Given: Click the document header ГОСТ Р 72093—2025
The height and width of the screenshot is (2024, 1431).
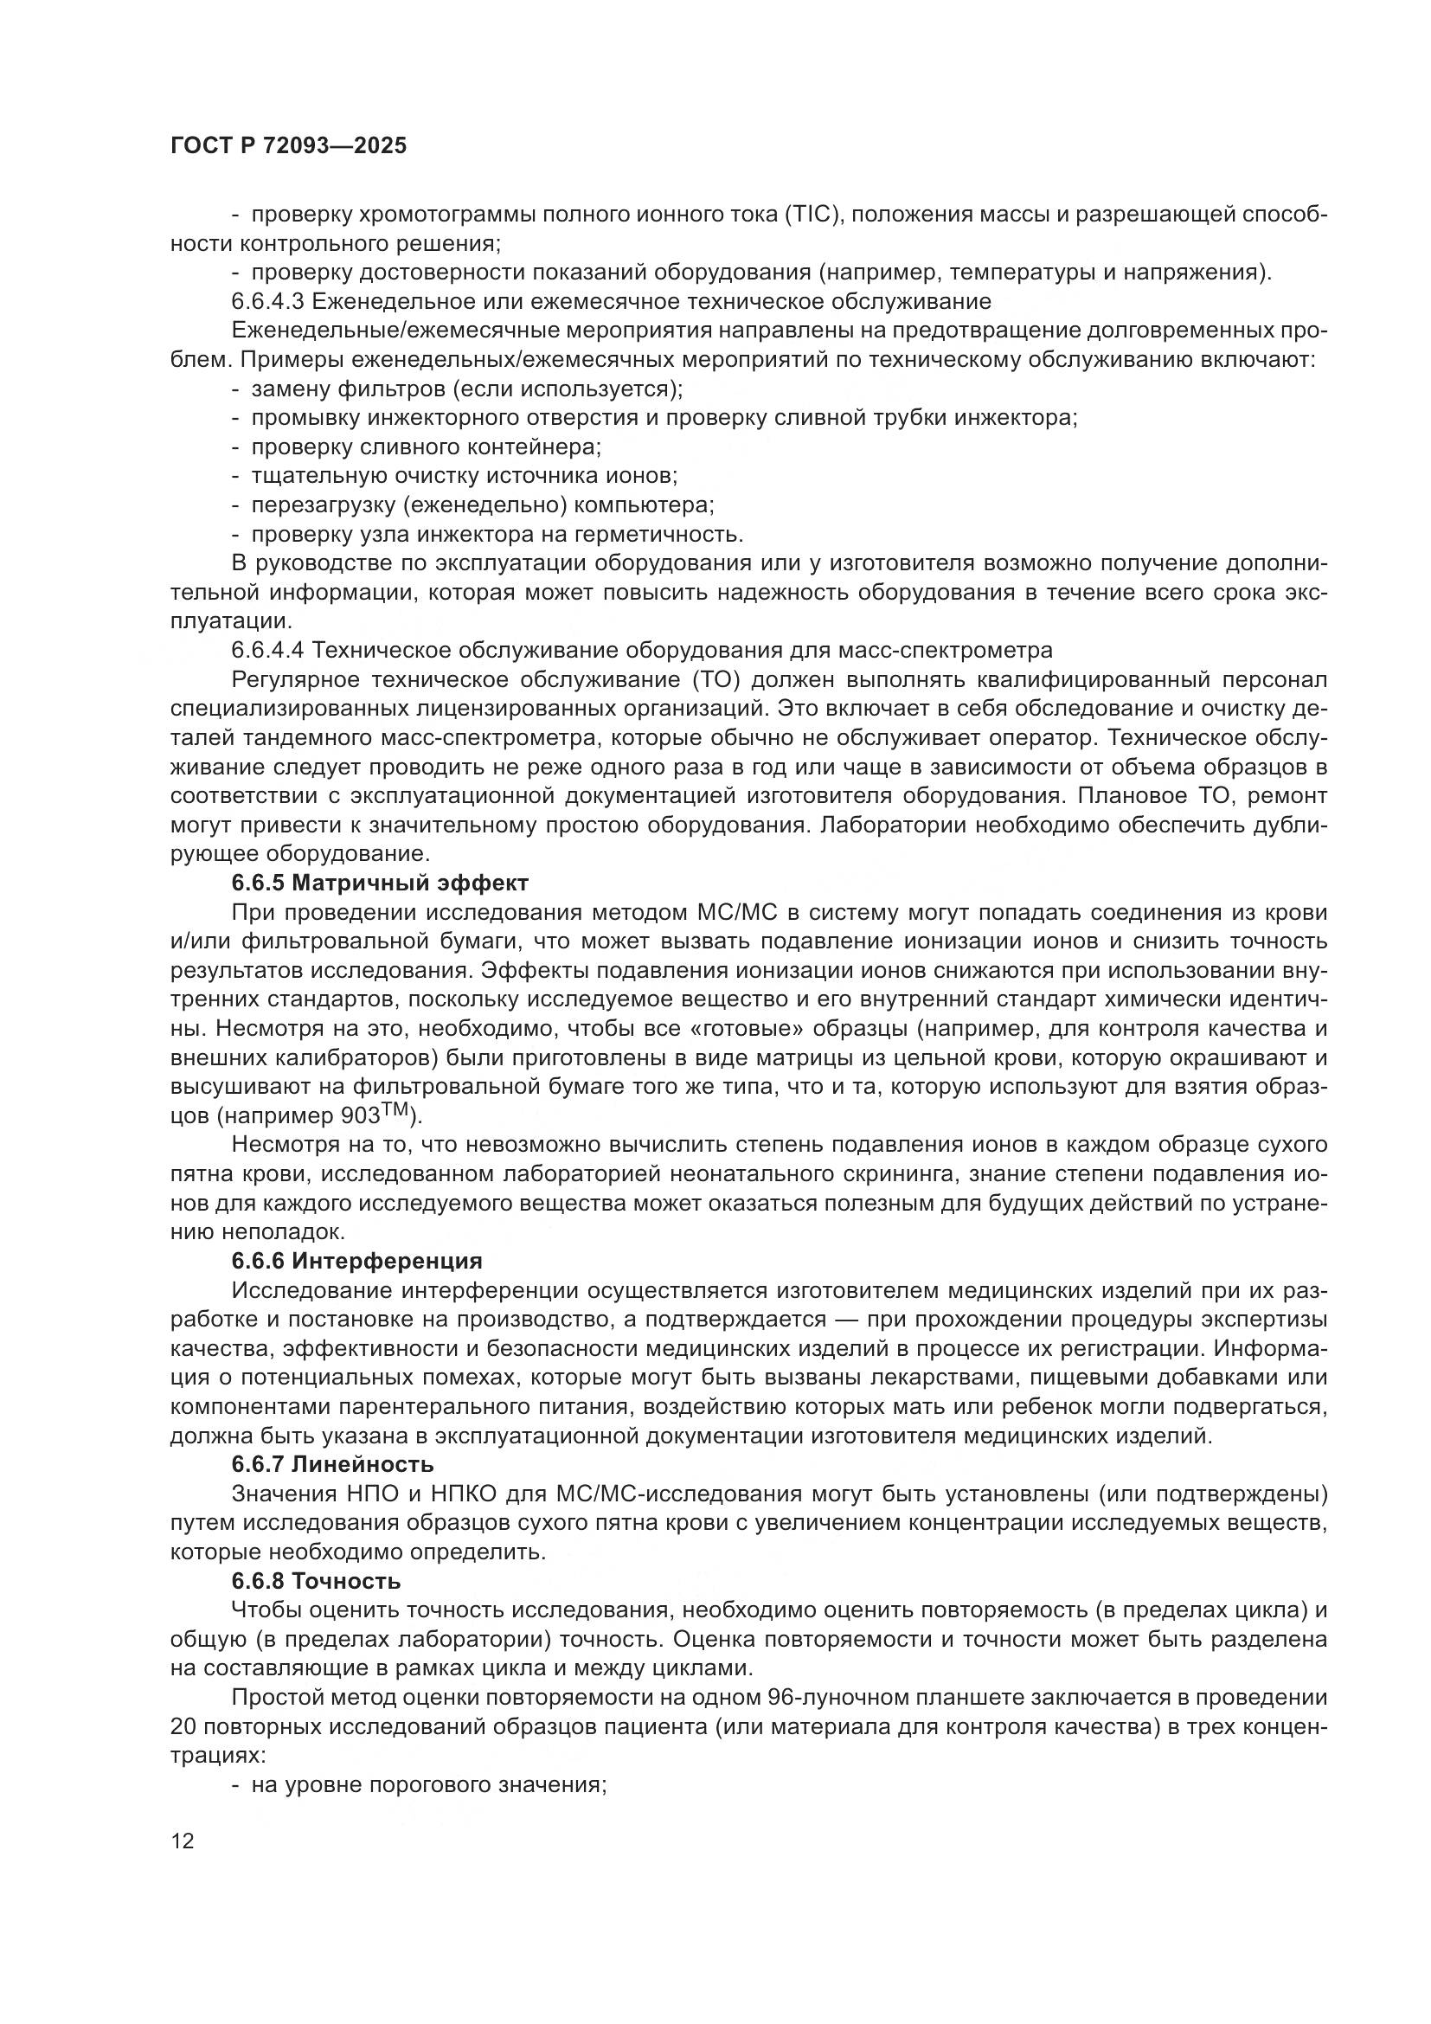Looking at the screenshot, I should (288, 146).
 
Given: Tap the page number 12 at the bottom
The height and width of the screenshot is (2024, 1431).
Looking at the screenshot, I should (183, 1840).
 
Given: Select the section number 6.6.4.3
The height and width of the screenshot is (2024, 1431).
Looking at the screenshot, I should (268, 301).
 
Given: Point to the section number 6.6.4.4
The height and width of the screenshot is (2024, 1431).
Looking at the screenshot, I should (268, 651).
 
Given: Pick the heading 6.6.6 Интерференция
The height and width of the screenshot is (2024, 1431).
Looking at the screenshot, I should (356, 1261).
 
